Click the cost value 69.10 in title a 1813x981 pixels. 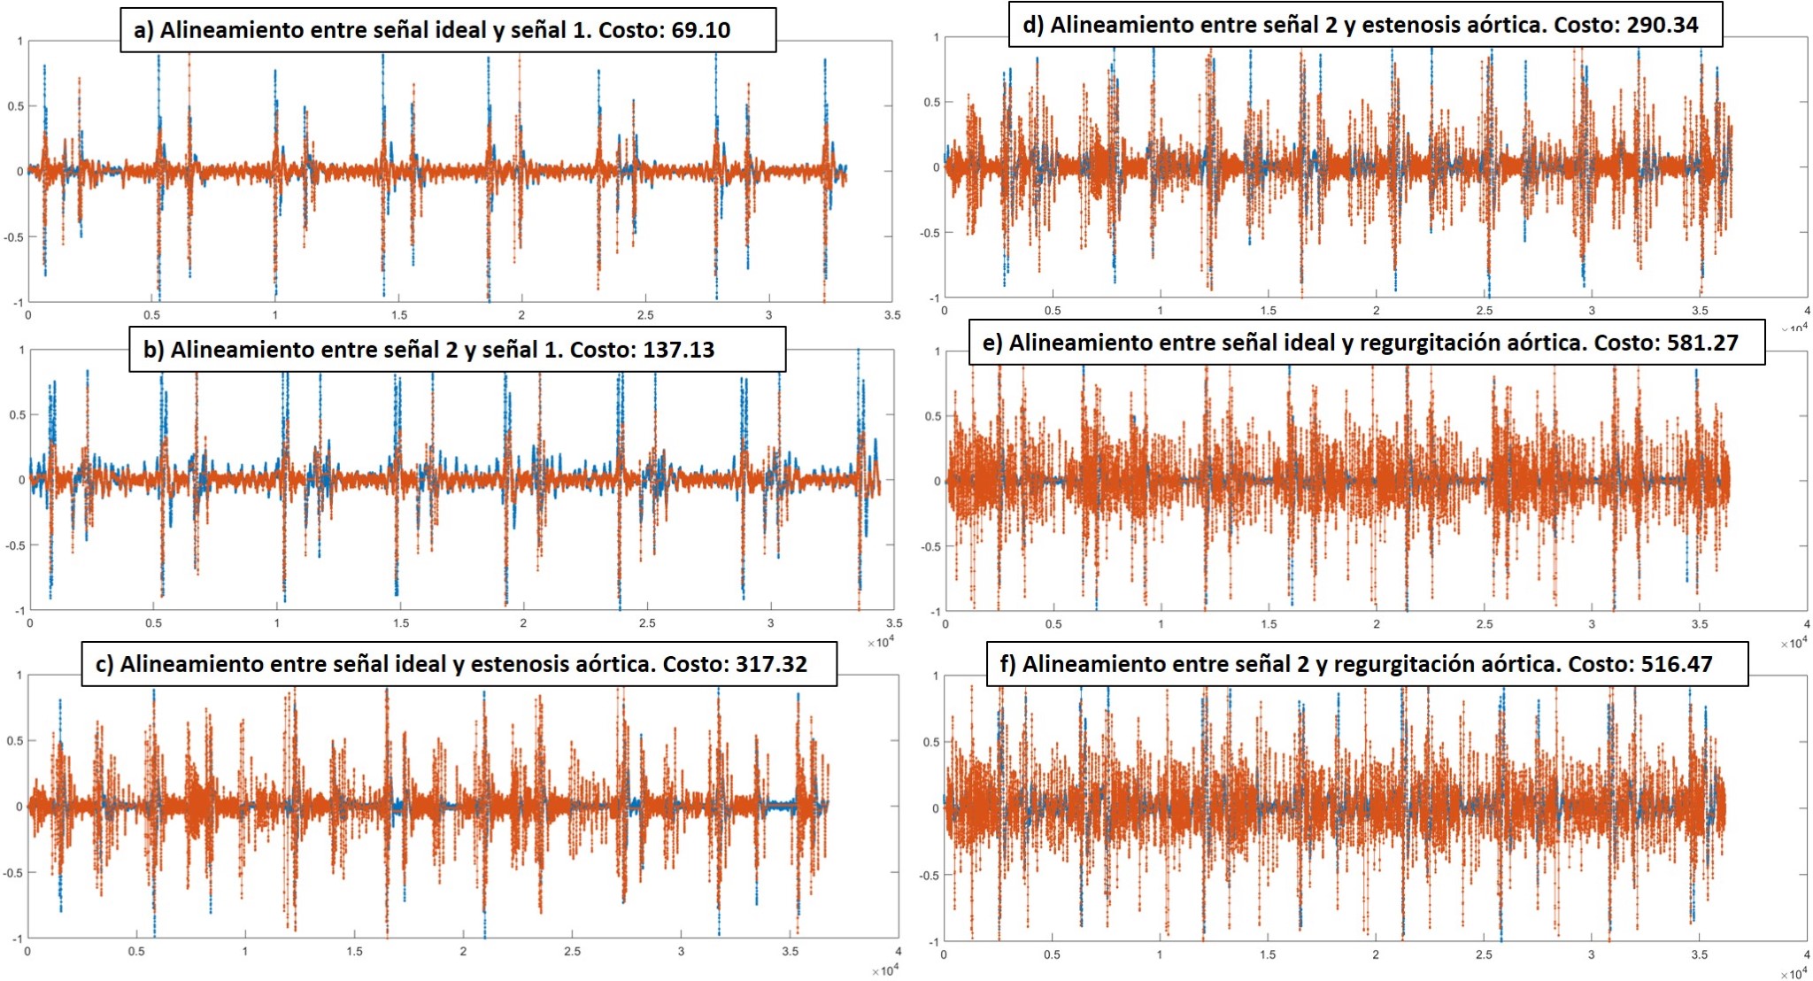(700, 30)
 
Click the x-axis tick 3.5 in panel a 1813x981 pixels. (891, 315)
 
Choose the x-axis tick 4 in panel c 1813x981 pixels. (898, 952)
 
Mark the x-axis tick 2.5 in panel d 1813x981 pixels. (1484, 311)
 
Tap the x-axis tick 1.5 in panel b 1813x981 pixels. (401, 623)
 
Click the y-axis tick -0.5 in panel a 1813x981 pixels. (14, 237)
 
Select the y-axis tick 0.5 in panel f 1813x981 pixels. (931, 742)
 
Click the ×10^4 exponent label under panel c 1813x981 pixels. (883, 970)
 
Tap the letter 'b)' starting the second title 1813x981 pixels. (153, 350)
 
